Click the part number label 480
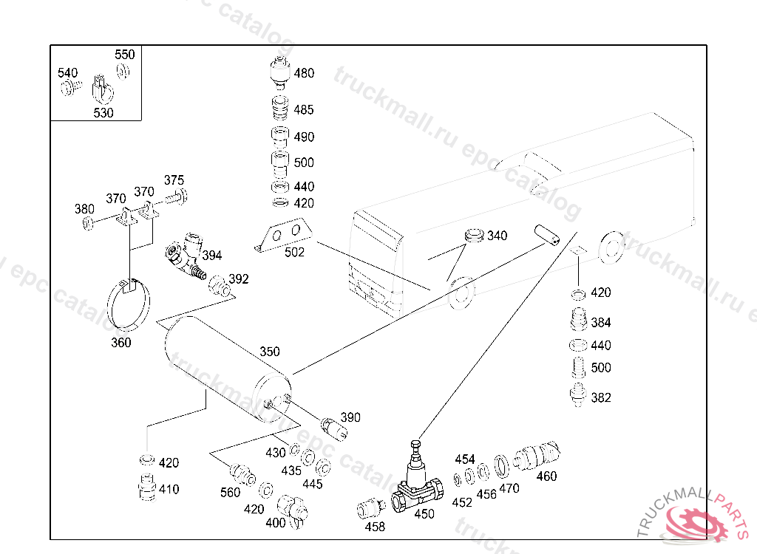click(304, 73)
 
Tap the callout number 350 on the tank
click(269, 352)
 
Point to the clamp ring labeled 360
click(128, 304)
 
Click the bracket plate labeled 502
click(283, 235)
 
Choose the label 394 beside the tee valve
click(212, 256)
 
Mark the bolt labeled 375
click(177, 197)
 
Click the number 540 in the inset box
click(67, 73)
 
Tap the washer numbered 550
click(123, 72)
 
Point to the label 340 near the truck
click(498, 236)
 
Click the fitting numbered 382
click(577, 394)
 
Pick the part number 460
click(546, 476)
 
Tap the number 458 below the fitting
click(375, 527)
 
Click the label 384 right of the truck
click(601, 322)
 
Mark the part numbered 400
click(293, 511)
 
